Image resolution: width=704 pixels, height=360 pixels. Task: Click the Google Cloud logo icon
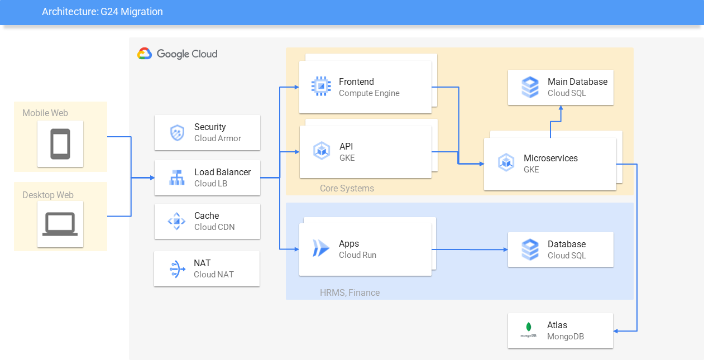(x=145, y=54)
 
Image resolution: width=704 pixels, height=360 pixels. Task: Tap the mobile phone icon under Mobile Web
(x=60, y=144)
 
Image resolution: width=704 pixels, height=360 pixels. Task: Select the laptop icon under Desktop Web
(x=60, y=224)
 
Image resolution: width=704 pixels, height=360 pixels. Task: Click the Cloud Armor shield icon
(x=178, y=133)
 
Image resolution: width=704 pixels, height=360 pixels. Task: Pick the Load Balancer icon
(x=177, y=177)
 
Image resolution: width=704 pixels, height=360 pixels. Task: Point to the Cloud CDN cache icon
(x=176, y=221)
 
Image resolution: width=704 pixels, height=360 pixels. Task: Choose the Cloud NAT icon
(x=177, y=269)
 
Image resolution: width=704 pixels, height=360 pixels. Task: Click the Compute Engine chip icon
(x=321, y=86)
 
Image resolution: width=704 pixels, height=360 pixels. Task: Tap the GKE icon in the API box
(x=322, y=151)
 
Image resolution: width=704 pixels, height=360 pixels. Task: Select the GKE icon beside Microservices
(x=506, y=162)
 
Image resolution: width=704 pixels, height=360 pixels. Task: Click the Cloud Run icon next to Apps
(x=320, y=248)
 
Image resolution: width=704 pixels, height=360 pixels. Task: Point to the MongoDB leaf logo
(x=529, y=327)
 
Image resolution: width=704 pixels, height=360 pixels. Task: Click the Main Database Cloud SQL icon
(x=530, y=87)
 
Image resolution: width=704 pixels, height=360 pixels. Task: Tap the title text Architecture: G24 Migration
(x=103, y=12)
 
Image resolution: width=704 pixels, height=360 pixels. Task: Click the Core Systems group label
(x=347, y=188)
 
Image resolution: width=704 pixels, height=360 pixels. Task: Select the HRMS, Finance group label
(x=350, y=292)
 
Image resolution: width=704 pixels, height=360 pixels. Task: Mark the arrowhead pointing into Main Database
(x=561, y=108)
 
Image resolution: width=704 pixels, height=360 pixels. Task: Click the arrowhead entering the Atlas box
(x=616, y=331)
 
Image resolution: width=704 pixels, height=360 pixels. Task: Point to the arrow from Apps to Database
(x=470, y=249)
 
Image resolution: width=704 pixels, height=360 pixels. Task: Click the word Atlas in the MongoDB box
(x=557, y=325)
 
